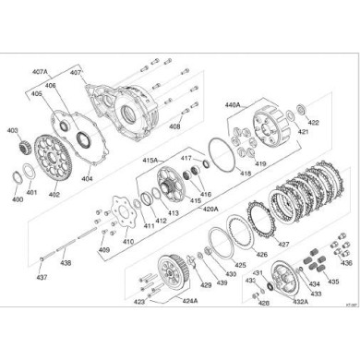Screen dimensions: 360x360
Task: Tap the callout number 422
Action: click(x=313, y=122)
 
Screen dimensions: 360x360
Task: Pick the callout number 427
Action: click(x=284, y=245)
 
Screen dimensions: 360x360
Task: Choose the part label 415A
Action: click(x=150, y=160)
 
